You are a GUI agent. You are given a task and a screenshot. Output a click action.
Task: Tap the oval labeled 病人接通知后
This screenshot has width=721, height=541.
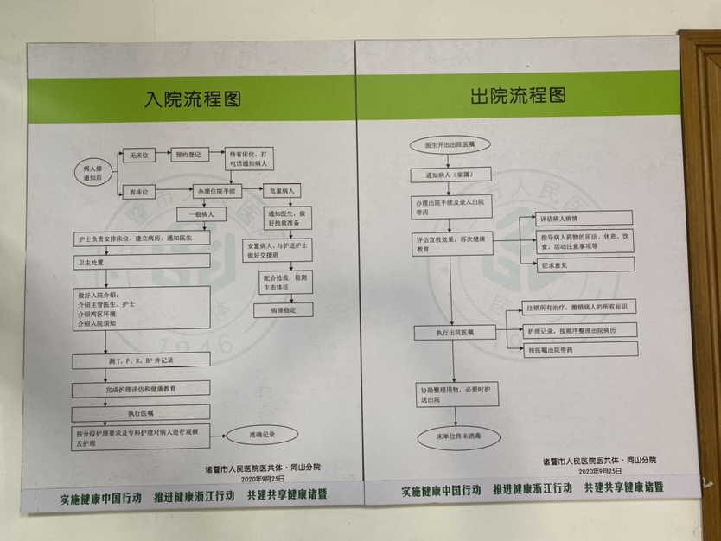point(93,169)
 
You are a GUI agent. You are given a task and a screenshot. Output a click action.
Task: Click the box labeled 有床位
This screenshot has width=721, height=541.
point(138,191)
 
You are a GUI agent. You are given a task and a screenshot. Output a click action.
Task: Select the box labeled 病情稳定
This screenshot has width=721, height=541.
point(283,308)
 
